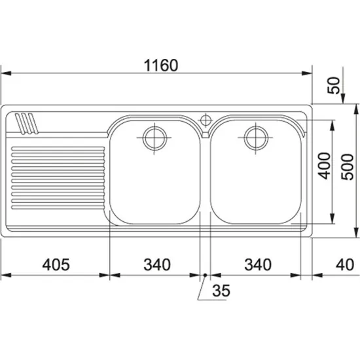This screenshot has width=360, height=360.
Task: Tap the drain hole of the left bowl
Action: pos(154,137)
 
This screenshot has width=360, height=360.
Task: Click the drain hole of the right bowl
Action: pos(255,137)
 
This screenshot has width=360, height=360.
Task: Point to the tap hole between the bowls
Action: pos(205,120)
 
